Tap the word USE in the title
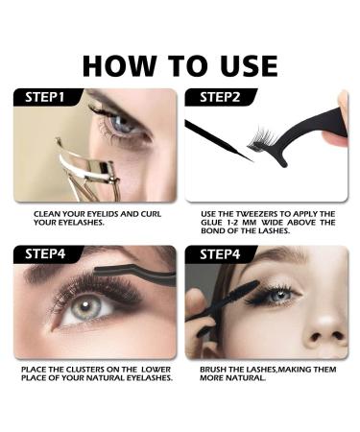pos(245,64)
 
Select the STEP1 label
pos(40,97)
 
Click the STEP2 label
pos(213,97)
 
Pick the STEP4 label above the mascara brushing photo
pos(213,254)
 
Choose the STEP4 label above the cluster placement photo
pos(40,254)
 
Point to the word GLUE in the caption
pos(211,223)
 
